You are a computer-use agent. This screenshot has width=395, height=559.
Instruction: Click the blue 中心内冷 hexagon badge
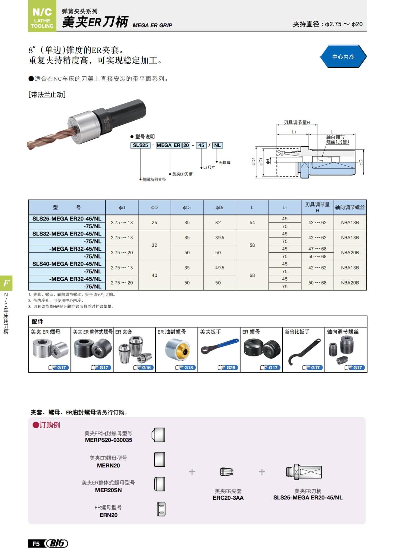click(x=343, y=57)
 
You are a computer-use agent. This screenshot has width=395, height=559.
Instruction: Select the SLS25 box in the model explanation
click(x=141, y=145)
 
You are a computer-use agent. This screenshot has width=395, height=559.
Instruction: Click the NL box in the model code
click(x=218, y=145)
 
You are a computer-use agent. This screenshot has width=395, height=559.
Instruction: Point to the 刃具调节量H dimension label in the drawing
click(x=297, y=123)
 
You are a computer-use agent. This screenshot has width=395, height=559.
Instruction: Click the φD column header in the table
click(x=154, y=208)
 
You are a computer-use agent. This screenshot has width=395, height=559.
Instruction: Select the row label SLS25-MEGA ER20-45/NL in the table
click(x=67, y=219)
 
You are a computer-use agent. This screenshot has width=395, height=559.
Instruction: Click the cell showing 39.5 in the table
click(x=220, y=238)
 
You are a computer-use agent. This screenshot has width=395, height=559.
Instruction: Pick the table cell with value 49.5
click(x=220, y=268)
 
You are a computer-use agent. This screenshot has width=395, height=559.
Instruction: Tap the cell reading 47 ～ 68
click(x=317, y=249)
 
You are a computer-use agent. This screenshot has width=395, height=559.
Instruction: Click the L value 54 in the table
click(x=252, y=223)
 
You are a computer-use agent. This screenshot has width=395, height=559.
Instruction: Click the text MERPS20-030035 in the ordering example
click(x=108, y=440)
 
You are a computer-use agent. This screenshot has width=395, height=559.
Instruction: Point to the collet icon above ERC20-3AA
click(x=227, y=472)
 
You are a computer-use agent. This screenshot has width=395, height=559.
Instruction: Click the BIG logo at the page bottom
click(x=57, y=544)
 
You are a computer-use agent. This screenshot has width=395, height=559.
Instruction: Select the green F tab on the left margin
click(x=6, y=283)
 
